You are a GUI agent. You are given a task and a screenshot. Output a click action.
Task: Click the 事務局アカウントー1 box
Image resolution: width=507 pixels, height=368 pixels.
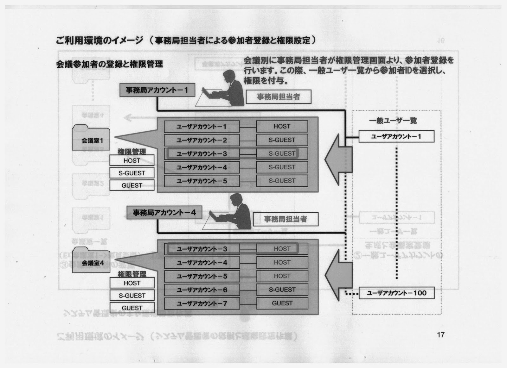(157, 90)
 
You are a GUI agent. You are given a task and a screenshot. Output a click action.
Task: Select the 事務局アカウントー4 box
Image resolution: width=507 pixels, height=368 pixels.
(164, 212)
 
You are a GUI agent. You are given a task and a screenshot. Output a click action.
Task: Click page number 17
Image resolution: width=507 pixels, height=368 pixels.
(440, 334)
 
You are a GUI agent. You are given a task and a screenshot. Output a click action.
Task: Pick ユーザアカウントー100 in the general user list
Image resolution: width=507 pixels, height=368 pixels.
(396, 293)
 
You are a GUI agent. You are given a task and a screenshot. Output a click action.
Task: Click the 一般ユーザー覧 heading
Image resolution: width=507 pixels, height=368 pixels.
(393, 121)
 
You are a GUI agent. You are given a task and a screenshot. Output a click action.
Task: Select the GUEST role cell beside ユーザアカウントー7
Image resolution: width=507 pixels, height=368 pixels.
(282, 303)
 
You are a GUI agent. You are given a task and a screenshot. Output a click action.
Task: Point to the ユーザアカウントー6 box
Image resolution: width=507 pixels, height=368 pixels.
(202, 290)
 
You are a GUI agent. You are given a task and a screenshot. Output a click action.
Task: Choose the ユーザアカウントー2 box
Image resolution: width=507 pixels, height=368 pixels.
(202, 140)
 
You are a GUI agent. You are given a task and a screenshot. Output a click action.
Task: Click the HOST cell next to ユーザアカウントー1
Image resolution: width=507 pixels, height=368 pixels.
(282, 126)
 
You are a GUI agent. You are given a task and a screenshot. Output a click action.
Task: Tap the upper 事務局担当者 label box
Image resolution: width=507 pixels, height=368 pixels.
(279, 97)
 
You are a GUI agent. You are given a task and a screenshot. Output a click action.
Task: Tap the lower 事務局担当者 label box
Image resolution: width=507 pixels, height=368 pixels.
(286, 219)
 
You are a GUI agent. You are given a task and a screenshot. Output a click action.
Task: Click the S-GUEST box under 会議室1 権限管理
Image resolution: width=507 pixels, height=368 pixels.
(132, 173)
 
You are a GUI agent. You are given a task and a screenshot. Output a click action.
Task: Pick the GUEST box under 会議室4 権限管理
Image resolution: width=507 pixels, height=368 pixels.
(132, 308)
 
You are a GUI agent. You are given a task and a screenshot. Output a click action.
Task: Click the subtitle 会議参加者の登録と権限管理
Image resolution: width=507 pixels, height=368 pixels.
(109, 64)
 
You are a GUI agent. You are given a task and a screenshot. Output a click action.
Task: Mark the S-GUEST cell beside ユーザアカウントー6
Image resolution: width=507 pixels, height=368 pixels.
(282, 290)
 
